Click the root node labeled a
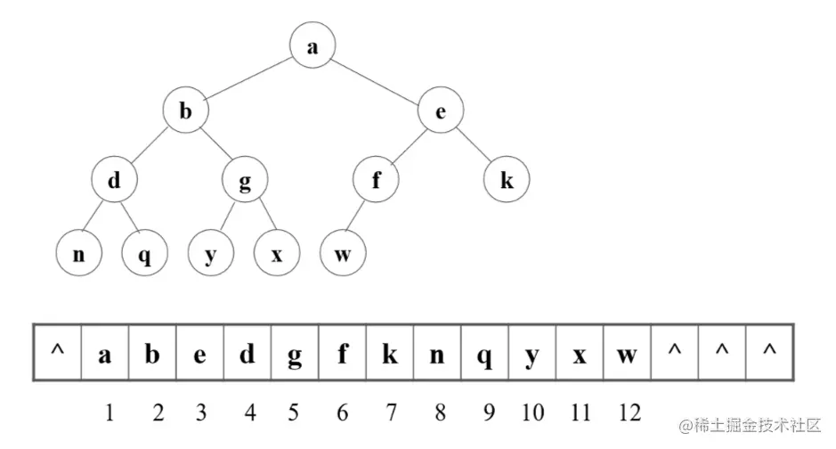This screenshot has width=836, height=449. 312,47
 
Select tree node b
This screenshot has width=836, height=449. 185,111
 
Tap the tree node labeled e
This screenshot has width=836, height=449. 440,111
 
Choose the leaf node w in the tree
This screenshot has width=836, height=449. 343,254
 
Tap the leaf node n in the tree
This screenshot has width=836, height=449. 78,254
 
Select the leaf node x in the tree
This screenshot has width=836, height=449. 277,254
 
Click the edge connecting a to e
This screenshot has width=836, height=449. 376,79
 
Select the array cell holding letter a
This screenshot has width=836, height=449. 105,354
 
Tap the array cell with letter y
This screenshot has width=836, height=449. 532,354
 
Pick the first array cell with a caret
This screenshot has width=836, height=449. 57,354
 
